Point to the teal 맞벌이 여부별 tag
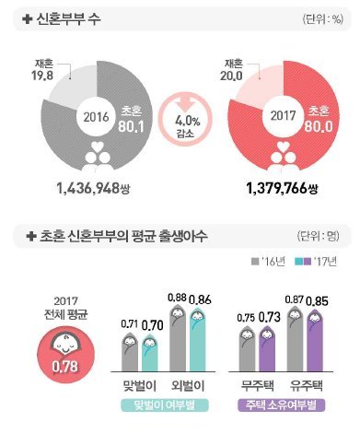167,405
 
